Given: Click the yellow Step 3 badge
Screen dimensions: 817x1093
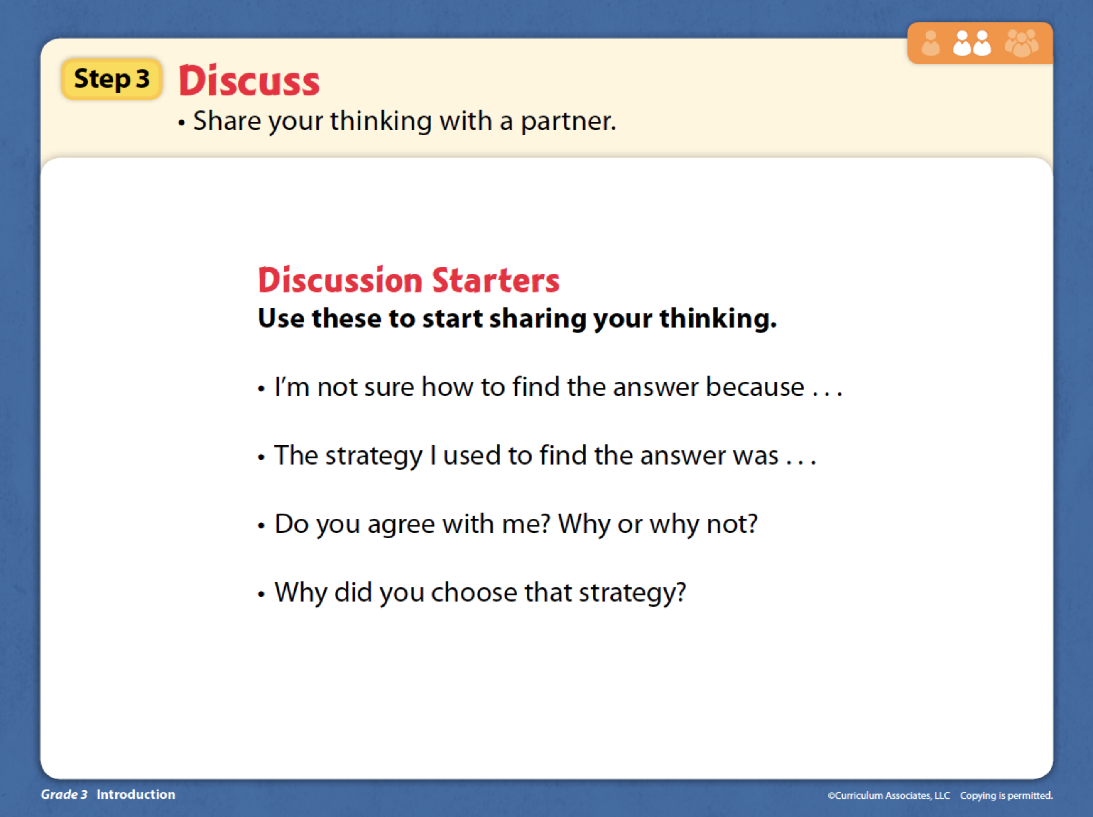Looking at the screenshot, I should coord(112,79).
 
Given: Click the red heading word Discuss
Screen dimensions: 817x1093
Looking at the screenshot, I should coord(249,81).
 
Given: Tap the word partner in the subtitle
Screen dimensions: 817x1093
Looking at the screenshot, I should coord(568,121).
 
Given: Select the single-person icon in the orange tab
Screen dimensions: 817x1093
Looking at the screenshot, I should coord(931,44).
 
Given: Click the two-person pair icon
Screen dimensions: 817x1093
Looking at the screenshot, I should coord(972,44).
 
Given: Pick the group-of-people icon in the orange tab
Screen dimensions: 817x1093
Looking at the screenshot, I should coord(1021,44).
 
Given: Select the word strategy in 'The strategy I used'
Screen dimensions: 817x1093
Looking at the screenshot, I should coord(374,456).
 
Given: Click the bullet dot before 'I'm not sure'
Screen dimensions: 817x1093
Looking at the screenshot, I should coord(261,389).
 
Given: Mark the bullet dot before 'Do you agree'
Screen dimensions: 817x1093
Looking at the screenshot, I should coord(261,526).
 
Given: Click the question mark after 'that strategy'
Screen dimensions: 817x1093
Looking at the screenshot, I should coord(681,591).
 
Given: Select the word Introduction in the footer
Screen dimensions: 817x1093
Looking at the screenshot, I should coord(136,794).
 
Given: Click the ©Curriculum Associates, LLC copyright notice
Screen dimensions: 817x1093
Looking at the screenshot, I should coord(888,795).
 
